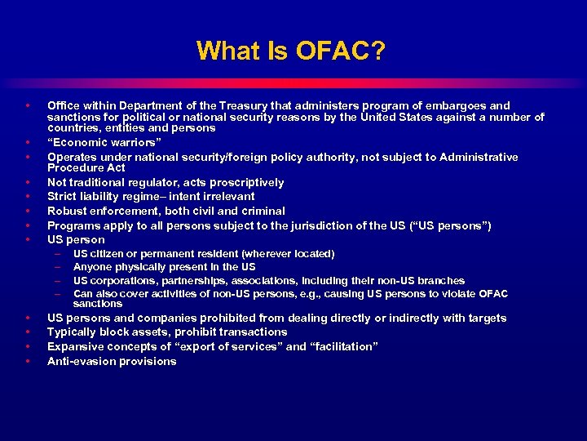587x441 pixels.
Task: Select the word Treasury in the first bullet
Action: [x=256, y=105]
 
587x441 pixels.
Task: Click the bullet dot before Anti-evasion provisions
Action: [x=28, y=361]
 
